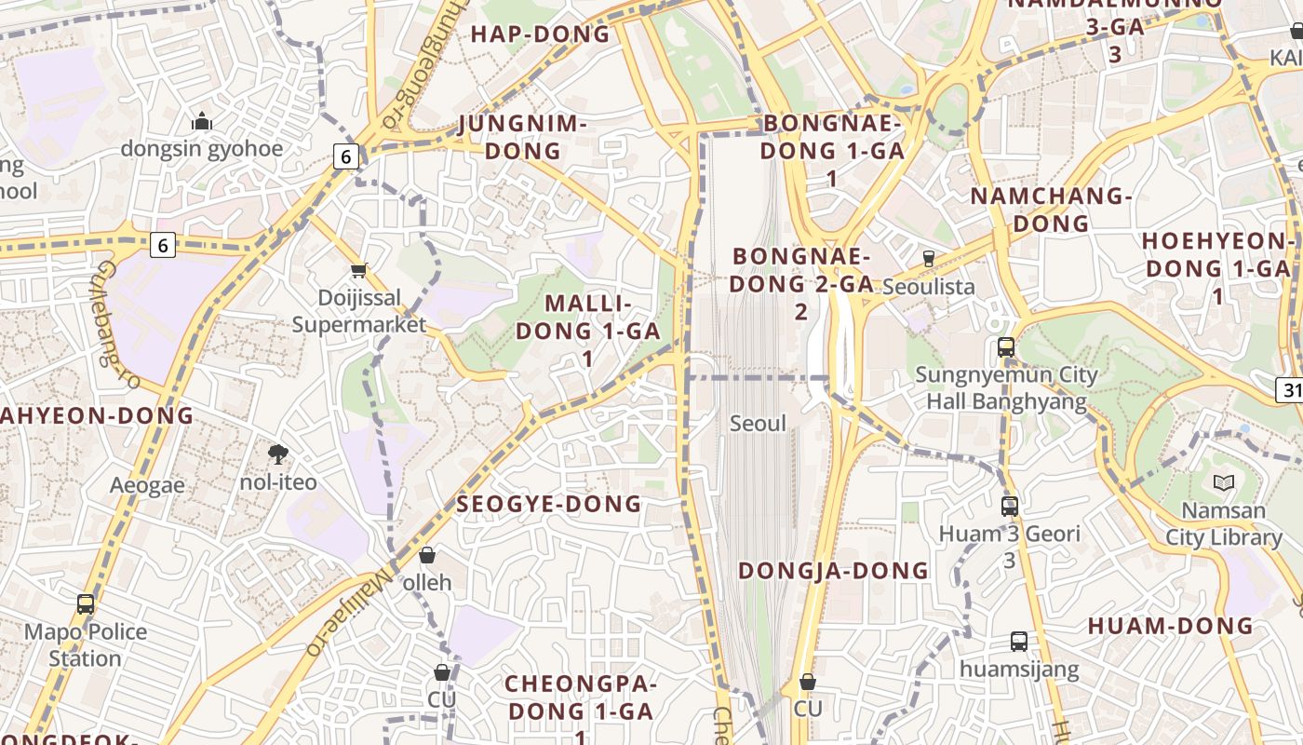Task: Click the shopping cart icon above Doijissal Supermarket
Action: (359, 271)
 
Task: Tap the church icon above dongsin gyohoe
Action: (201, 121)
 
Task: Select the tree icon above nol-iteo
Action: (277, 454)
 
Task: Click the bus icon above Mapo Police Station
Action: (86, 604)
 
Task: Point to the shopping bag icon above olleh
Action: (427, 555)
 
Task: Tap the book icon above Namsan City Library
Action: (1224, 482)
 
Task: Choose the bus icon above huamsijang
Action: (1019, 642)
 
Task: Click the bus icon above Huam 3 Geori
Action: (1010, 507)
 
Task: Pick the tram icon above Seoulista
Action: (928, 259)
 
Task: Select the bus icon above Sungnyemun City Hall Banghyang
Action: (1006, 347)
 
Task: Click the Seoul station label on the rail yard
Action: (758, 424)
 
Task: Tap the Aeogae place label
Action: (147, 485)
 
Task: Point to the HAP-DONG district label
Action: (541, 35)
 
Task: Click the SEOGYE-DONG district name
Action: (549, 504)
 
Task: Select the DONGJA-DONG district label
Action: (834, 570)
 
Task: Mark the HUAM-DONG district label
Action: (1171, 626)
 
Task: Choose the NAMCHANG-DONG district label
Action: (1052, 210)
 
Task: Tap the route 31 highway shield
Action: (1290, 389)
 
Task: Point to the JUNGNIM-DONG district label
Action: (523, 137)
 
